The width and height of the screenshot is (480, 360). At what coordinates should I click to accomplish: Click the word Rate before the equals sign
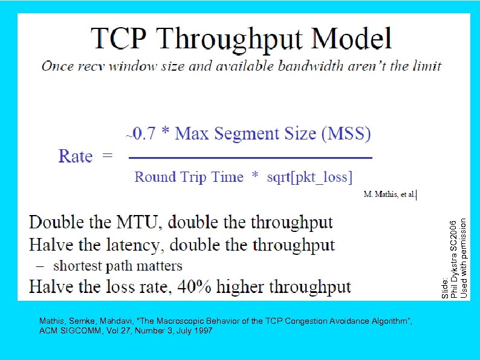point(76,156)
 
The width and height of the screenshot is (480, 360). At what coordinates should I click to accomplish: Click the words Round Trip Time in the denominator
point(189,177)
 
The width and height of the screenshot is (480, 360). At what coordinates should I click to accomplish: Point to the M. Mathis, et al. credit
point(390,194)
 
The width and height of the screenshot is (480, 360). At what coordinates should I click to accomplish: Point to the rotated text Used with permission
point(464,257)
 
